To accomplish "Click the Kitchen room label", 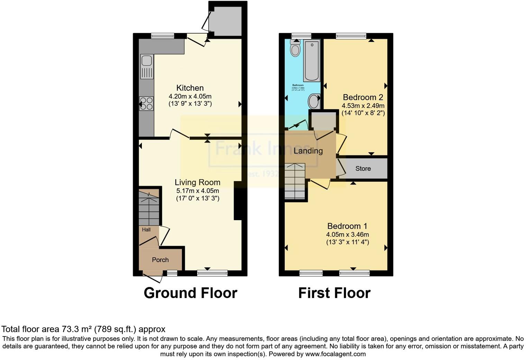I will (190, 88).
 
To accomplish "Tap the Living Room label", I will (197, 182).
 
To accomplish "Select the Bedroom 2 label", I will (363, 97).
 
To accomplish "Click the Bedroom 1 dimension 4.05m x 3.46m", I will (347, 235).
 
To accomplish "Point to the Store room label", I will (363, 169).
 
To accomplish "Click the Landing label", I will (308, 151).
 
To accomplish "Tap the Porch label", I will (160, 260).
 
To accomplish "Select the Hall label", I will (146, 230).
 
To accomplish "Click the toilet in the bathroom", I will (295, 48).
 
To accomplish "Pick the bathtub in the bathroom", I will (311, 60).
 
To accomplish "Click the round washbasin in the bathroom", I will (314, 102).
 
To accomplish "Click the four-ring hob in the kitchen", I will (146, 103).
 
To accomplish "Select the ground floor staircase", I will (149, 208).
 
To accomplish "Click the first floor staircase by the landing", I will (295, 181).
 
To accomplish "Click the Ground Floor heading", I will (190, 293).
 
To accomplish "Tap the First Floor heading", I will (334, 293).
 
